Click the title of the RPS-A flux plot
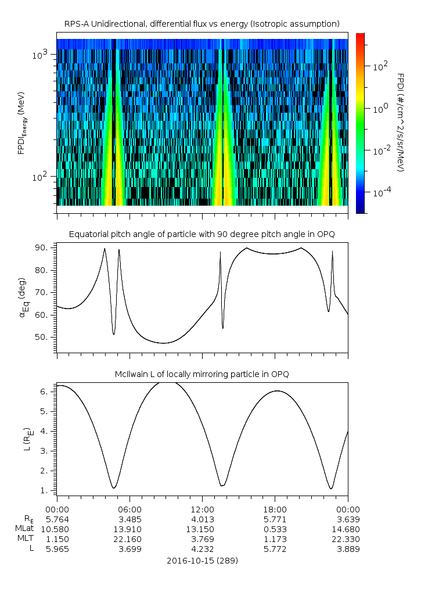click(201, 23)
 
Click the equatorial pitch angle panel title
click(201, 234)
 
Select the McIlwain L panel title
click(201, 374)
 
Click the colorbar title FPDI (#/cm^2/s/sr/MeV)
click(401, 123)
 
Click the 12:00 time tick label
click(201, 508)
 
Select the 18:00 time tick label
click(274, 508)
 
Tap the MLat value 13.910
click(129, 529)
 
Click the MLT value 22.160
click(129, 539)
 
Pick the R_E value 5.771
click(274, 519)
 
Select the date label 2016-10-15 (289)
click(201, 561)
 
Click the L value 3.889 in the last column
click(348, 550)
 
